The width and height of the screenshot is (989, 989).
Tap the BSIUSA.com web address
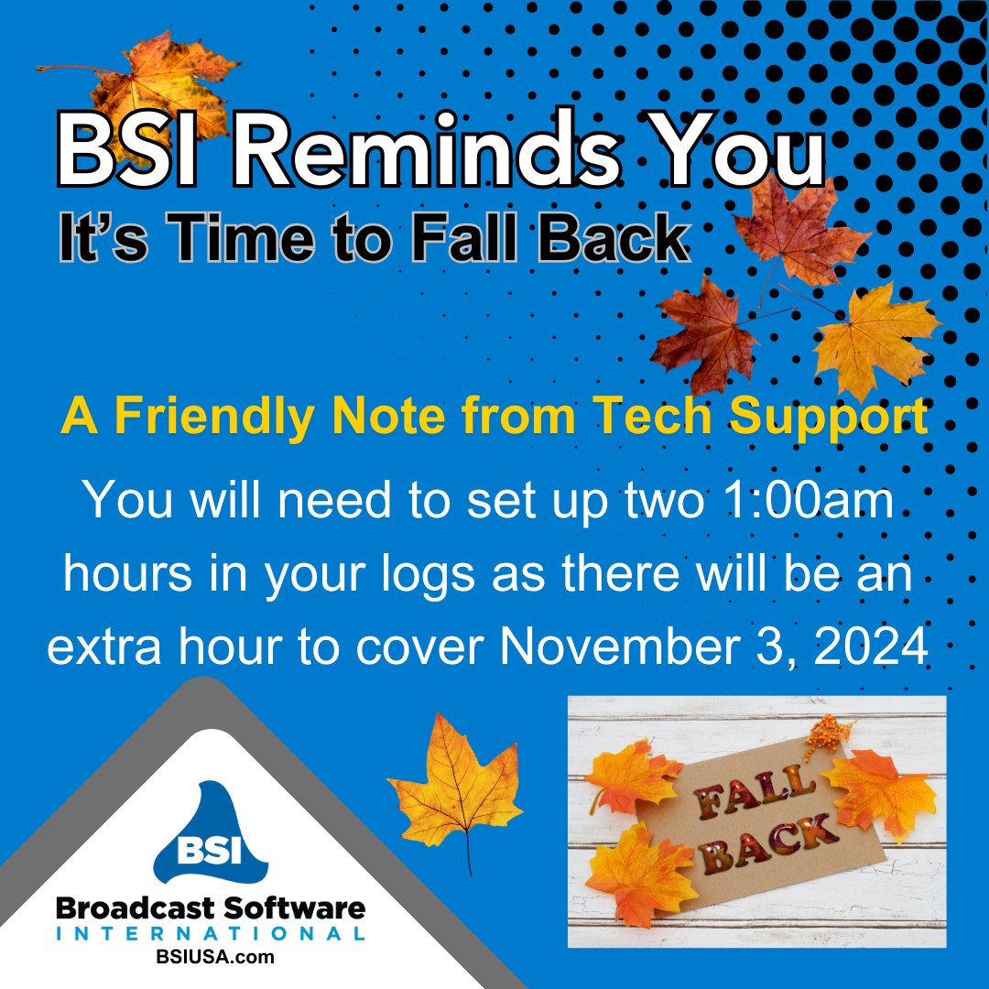coord(211,957)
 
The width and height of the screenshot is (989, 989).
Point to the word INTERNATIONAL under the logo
coord(211,933)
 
